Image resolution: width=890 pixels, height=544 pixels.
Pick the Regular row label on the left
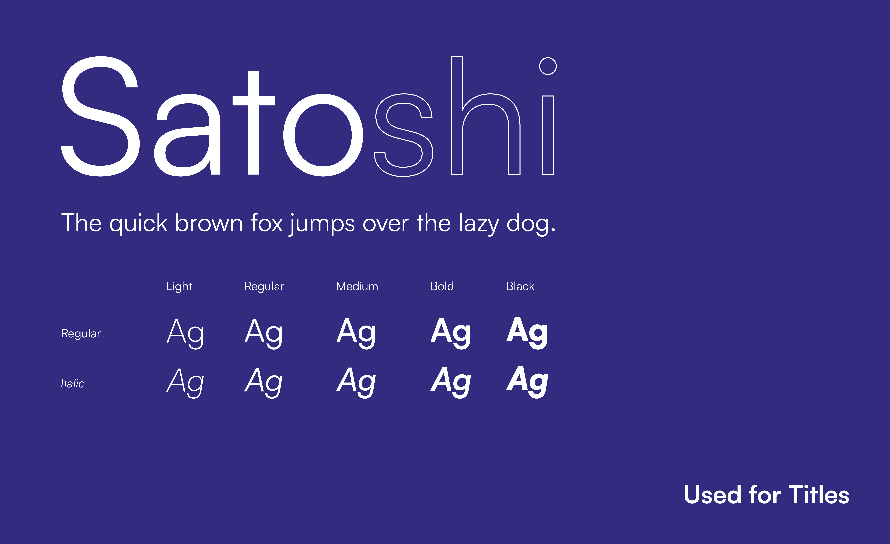81,334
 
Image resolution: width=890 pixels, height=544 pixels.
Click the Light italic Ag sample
185,382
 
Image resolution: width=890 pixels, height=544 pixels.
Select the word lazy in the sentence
479,224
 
